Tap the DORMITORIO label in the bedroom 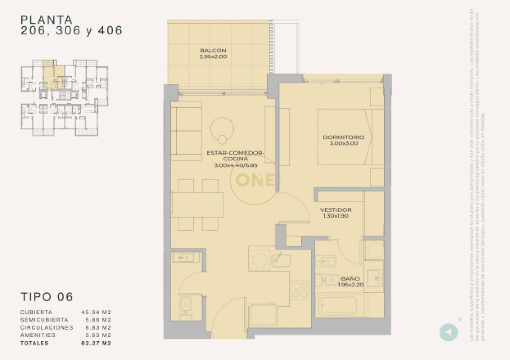click(343, 137)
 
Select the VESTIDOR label click(335, 210)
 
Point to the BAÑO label click(350, 279)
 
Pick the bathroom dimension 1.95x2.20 click(350, 285)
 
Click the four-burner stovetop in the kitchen click(300, 290)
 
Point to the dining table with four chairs click(197, 205)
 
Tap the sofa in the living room click(186, 131)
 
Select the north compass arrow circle click(448, 332)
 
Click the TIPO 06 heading click(47, 297)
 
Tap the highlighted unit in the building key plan click(54, 77)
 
